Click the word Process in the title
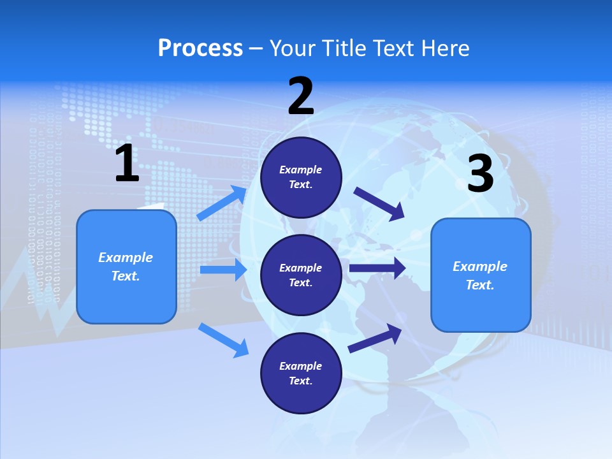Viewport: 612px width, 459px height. tap(200, 48)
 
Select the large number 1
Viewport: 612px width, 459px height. tap(127, 164)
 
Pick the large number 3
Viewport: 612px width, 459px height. tap(480, 174)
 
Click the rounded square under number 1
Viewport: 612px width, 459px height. tap(126, 266)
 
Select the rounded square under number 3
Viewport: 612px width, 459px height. tap(481, 275)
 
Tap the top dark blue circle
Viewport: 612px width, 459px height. tap(301, 177)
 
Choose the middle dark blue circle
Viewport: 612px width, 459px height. tap(301, 275)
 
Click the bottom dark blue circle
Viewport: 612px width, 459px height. tap(301, 373)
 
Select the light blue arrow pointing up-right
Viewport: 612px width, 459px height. tap(222, 203)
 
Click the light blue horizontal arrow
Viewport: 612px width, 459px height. tap(223, 270)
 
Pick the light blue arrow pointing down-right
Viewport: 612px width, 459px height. tap(223, 340)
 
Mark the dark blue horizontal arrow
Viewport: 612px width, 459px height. tap(377, 268)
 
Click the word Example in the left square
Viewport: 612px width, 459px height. tap(126, 258)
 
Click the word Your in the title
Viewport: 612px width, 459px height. tap(290, 48)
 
